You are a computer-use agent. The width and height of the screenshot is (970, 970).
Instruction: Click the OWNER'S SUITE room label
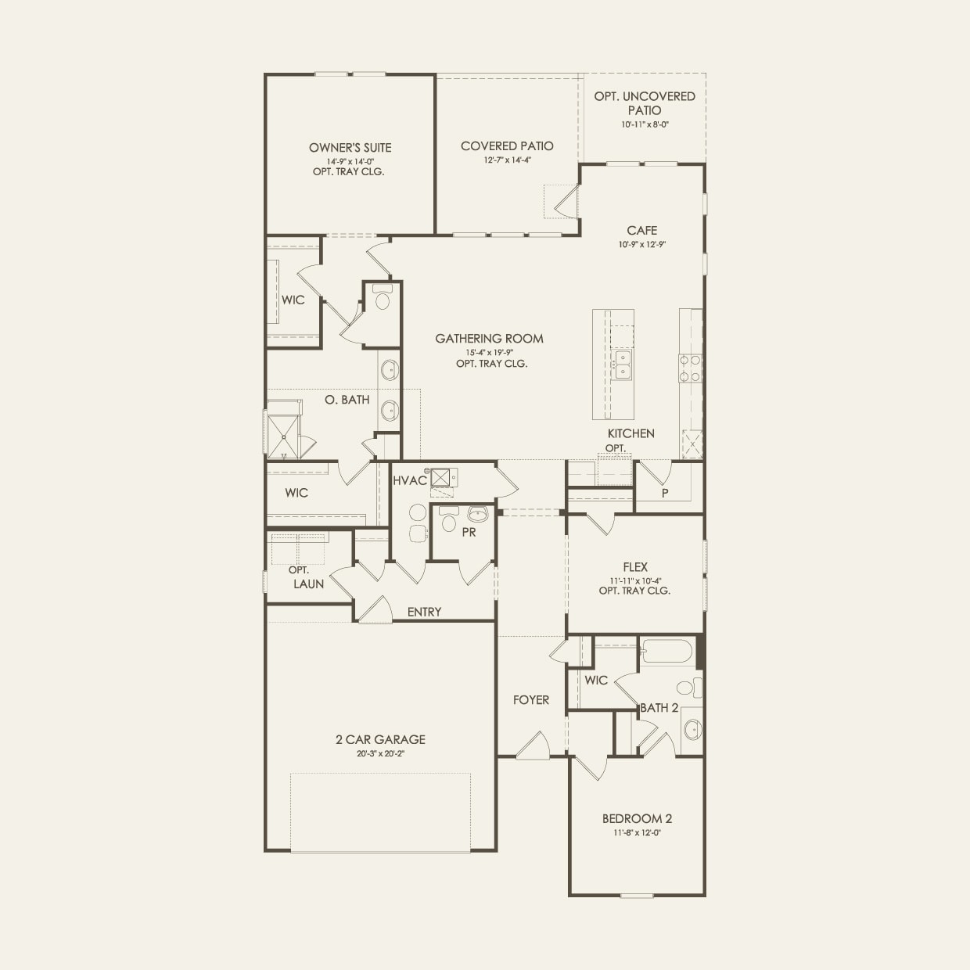[x=350, y=147]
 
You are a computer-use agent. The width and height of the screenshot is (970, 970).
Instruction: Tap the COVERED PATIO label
[x=507, y=145]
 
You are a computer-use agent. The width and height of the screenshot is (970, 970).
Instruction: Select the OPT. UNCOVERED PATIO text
[x=645, y=103]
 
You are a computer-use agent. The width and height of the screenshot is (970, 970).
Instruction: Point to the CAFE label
[x=641, y=230]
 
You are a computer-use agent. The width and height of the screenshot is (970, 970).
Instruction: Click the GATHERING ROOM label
[x=489, y=339]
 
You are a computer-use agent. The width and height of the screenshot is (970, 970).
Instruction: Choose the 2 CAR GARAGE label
[x=380, y=739]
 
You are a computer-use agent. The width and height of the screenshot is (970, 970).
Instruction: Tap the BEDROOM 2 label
[x=637, y=819]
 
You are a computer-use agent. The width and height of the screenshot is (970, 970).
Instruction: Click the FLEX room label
[x=635, y=567]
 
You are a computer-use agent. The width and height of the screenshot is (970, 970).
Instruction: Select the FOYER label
[x=531, y=700]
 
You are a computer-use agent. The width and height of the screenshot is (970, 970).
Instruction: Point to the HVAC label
[x=410, y=480]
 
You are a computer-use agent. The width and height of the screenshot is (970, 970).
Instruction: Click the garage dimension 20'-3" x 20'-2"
[x=380, y=754]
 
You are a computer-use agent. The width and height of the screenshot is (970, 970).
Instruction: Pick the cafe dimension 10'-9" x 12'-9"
[x=641, y=244]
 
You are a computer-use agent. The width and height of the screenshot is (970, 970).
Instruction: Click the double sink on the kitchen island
[x=623, y=364]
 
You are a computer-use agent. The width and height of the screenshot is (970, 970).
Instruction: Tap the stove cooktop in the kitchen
[x=690, y=368]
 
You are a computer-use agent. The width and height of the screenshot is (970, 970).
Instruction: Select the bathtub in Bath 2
[x=667, y=652]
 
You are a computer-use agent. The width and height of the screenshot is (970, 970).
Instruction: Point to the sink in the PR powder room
[x=476, y=515]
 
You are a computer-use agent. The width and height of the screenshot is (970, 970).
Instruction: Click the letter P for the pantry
[x=665, y=493]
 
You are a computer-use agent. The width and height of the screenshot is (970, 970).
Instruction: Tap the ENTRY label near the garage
[x=424, y=612]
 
